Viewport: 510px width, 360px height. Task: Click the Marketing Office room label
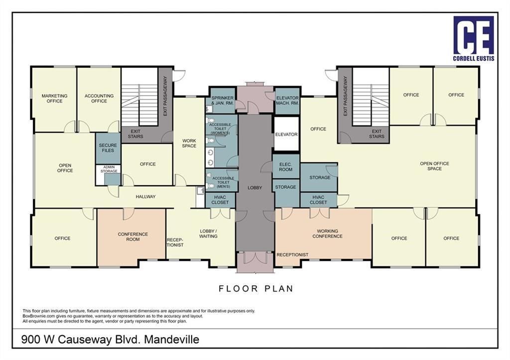click(55, 99)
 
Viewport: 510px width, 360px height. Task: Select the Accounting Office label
click(99, 99)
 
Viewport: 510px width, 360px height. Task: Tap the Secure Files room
click(108, 148)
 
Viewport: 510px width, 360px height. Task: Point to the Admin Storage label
click(109, 169)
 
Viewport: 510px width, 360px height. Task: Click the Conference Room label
click(132, 237)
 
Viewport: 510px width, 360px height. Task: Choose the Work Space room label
click(189, 143)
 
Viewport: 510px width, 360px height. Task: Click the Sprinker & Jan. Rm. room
click(222, 101)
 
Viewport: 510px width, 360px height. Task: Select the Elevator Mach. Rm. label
click(287, 101)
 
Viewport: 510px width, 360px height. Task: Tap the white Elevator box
click(286, 134)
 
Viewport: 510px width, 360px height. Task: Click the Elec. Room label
click(285, 167)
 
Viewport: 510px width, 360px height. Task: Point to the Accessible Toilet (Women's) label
click(220, 128)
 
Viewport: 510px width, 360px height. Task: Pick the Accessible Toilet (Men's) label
click(223, 182)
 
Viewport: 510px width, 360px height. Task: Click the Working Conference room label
click(327, 234)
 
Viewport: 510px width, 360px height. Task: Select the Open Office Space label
click(434, 166)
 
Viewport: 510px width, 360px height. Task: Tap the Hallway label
click(146, 196)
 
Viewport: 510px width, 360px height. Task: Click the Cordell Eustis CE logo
click(474, 38)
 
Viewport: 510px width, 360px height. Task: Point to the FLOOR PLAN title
click(256, 288)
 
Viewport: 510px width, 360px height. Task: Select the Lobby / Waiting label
click(208, 234)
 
